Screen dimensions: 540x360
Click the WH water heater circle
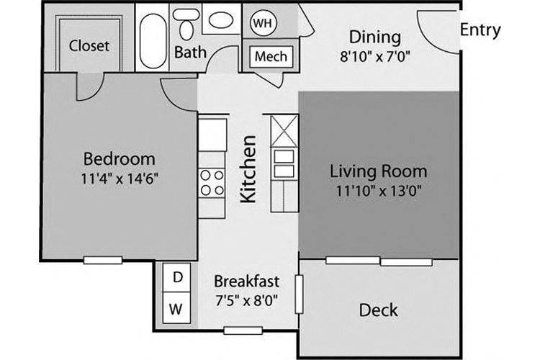(263, 23)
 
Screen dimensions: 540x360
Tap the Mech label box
(271, 56)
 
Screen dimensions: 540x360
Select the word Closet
(89, 45)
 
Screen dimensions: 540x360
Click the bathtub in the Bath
(153, 41)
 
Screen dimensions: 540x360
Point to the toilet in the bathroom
(186, 24)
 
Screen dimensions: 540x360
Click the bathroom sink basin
(221, 20)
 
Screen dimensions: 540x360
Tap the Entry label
(480, 30)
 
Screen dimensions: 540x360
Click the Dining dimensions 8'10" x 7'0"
(375, 56)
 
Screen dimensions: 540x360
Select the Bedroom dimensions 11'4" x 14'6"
(120, 179)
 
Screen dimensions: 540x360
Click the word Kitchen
(248, 168)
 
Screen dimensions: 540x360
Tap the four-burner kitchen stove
(212, 183)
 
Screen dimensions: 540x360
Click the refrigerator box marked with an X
(284, 131)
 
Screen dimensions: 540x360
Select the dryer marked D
(176, 278)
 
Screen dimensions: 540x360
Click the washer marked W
(176, 308)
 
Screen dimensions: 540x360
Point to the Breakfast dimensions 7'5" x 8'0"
(246, 301)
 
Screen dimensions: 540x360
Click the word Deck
(378, 310)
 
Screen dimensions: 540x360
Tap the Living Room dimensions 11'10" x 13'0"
(379, 191)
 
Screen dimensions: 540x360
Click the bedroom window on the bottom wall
(103, 261)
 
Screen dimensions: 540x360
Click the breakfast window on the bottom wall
(243, 330)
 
